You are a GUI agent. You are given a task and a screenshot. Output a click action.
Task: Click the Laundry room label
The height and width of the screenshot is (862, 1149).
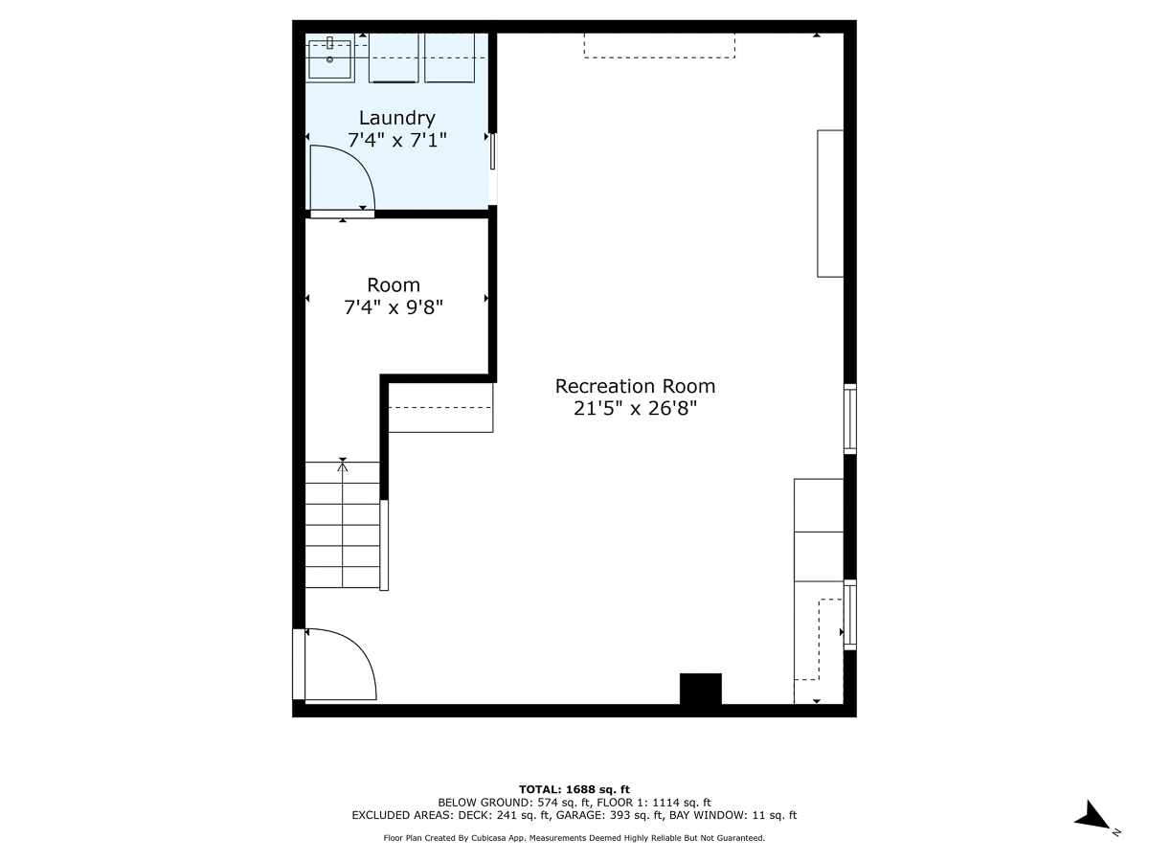point(396,118)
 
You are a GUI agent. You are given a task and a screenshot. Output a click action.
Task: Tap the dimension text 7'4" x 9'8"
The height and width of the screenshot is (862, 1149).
point(394,307)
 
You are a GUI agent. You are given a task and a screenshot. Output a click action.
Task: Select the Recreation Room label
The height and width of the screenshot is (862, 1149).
point(635,386)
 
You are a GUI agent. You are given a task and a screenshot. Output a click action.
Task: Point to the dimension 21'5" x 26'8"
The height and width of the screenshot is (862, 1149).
point(635,409)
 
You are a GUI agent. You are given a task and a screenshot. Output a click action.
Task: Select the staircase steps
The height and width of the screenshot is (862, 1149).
point(342,535)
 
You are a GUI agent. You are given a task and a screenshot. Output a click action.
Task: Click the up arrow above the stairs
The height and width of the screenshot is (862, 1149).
point(343,465)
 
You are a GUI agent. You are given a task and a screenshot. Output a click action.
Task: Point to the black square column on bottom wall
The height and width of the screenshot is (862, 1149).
point(700,690)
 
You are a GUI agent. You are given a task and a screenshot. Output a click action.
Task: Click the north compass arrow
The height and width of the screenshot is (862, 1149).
point(1093,817)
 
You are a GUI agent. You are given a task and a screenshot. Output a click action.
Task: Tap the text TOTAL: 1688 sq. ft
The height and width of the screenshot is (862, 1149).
point(574,789)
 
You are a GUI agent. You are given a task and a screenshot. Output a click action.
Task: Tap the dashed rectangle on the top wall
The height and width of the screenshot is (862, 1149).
point(659,45)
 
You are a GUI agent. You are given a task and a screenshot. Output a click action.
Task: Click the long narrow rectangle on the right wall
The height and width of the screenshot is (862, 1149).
point(830,203)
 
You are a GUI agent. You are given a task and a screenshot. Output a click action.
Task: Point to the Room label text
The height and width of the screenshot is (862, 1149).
point(394,285)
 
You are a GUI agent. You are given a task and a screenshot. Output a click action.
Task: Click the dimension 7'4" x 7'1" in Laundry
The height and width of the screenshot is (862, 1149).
point(396,140)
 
